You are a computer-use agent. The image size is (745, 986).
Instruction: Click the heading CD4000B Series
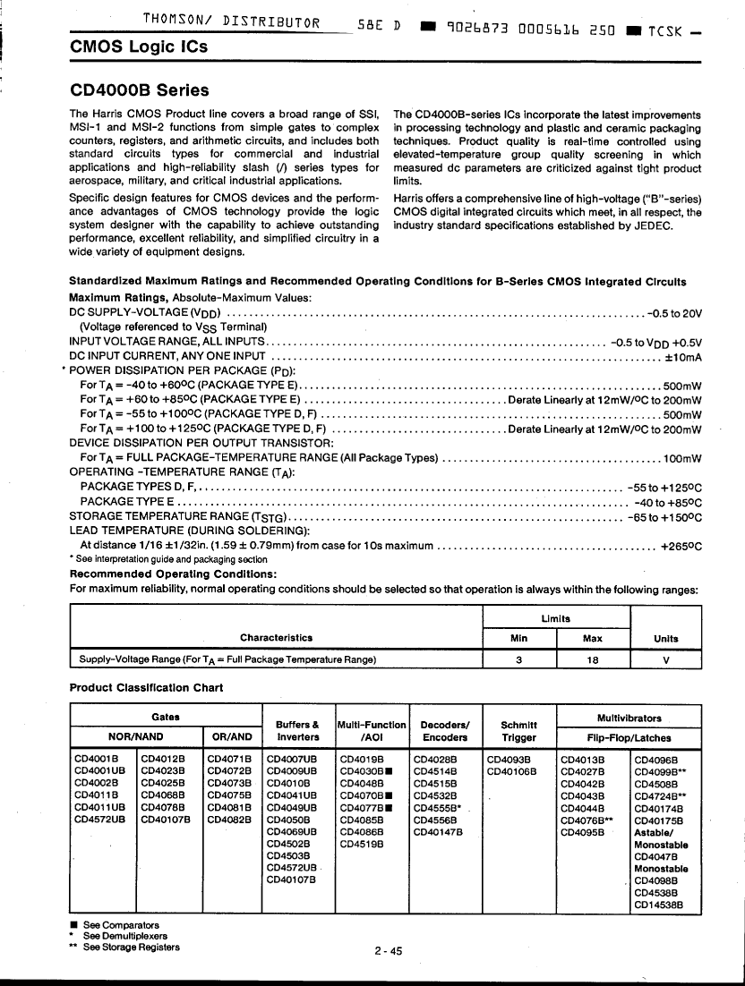[x=139, y=90]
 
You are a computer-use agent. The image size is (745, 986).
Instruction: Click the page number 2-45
[x=389, y=951]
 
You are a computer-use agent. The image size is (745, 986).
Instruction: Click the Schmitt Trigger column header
[x=518, y=731]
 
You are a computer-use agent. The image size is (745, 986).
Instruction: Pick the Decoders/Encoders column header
[x=445, y=731]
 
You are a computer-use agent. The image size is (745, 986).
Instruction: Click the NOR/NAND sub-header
[x=135, y=737]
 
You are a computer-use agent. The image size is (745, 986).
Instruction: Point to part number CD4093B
[x=507, y=759]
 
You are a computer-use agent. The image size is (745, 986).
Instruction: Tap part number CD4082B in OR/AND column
[x=228, y=818]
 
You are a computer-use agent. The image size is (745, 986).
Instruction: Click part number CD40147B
[x=438, y=830]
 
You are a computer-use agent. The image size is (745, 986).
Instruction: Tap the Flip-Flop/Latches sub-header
[x=629, y=737]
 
